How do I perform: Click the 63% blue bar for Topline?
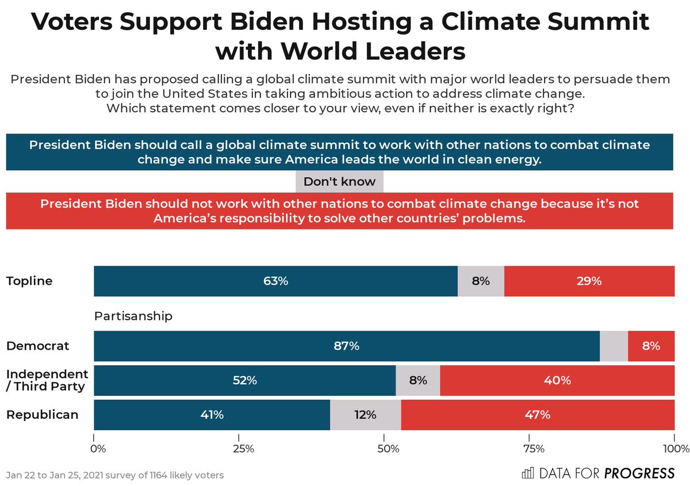[x=275, y=281]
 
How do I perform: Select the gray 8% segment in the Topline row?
[x=481, y=281]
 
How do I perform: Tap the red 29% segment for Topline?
[x=589, y=281]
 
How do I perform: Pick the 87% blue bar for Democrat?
[x=346, y=346]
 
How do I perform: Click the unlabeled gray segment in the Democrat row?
[x=614, y=346]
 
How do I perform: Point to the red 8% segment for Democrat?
[x=651, y=346]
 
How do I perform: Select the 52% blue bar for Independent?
[x=244, y=380]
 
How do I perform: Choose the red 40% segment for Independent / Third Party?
[x=557, y=380]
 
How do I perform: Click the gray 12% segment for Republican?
[x=365, y=415]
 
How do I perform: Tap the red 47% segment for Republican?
[x=538, y=415]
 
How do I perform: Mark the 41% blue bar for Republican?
[x=212, y=415]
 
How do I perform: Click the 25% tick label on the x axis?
[x=244, y=449]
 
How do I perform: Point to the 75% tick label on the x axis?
[x=533, y=449]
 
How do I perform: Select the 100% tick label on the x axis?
[x=676, y=449]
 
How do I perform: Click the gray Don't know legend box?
[x=339, y=182]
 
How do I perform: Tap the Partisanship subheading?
[x=133, y=316]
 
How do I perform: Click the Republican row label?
[x=42, y=415]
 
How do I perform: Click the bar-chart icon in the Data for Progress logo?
[x=527, y=473]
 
